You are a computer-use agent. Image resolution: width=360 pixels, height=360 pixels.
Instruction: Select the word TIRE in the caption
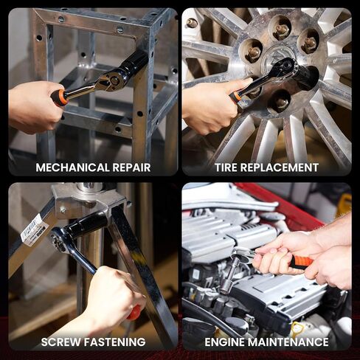point(229,167)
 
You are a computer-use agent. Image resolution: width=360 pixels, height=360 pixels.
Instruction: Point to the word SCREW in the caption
point(60,342)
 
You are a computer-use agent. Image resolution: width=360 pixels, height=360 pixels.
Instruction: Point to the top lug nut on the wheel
point(281,30)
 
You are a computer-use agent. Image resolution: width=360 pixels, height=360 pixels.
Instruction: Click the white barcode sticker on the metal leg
point(34,229)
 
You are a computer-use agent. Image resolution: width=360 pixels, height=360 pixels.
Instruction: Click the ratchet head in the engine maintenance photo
point(241,256)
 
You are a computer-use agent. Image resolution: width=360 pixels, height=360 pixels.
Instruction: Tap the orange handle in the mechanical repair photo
point(60,97)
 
